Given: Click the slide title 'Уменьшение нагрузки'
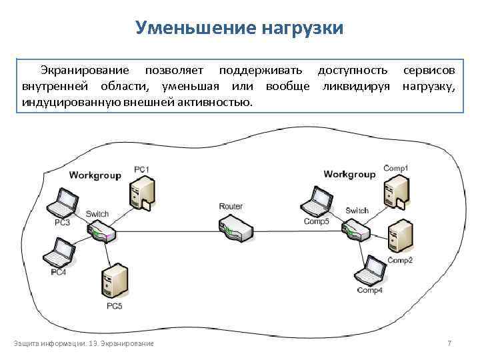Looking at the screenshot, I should [239, 28].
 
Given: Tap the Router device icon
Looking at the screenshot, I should [237, 229].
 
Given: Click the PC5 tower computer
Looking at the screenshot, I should [113, 284].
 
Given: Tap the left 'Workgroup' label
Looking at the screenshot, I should [95, 175].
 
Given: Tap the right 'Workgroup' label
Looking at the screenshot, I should [349, 174].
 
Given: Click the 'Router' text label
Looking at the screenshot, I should [231, 207].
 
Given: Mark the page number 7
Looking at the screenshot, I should [449, 343].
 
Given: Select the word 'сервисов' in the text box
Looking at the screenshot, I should [429, 70].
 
